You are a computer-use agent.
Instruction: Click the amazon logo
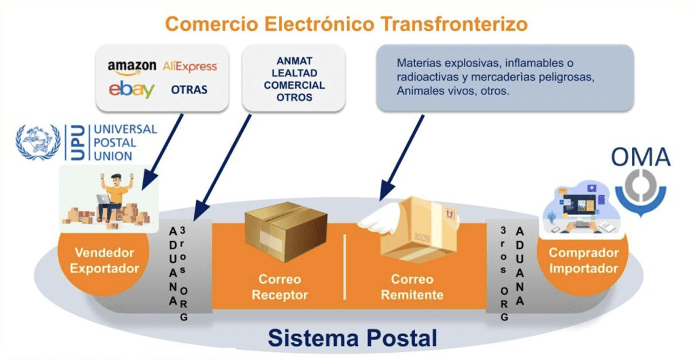[132, 68]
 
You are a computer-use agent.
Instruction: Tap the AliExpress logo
[190, 66]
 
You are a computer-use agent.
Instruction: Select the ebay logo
[131, 89]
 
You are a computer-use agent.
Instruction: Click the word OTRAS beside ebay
[189, 90]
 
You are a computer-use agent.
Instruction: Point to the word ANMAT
[294, 61]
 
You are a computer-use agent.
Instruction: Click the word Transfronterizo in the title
[454, 24]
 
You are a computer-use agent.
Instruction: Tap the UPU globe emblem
[38, 142]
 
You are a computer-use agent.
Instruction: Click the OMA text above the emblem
[641, 157]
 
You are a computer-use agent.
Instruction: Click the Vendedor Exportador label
[104, 261]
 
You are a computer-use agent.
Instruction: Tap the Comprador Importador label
[583, 261]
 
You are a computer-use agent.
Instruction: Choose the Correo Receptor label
[279, 287]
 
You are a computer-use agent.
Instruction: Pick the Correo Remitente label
[412, 287]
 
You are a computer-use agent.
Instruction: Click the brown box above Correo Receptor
[286, 232]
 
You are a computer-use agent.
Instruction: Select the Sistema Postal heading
[352, 338]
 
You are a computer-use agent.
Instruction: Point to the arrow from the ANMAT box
[222, 168]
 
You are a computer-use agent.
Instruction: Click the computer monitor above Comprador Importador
[579, 204]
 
